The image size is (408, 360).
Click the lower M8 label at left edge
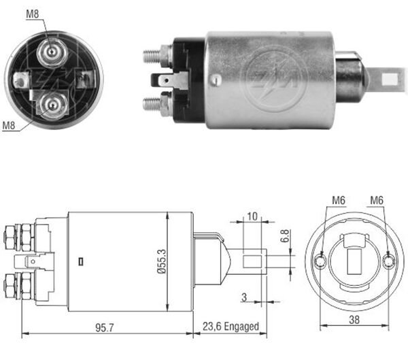9,125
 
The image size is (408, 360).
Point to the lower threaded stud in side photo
155,104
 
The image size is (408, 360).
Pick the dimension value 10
252,216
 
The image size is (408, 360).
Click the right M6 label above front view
378,200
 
